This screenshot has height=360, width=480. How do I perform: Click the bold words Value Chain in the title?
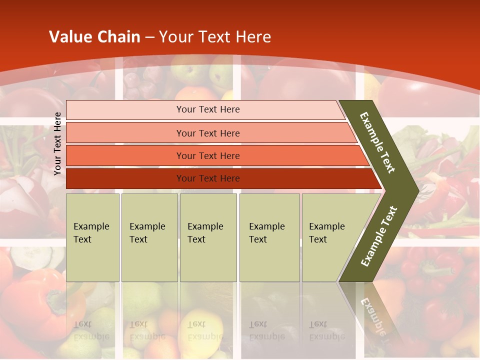coord(94,37)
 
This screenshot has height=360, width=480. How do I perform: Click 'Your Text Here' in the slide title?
coord(215,37)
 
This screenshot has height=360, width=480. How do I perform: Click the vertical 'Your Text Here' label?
coord(57,143)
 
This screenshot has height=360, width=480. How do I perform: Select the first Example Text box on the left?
coord(92,237)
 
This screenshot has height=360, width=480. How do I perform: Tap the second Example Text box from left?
coord(149,237)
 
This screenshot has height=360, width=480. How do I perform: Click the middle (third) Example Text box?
coord(208,237)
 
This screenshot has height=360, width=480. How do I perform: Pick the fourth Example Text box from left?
coord(269,237)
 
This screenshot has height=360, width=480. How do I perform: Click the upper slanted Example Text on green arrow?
coord(377,142)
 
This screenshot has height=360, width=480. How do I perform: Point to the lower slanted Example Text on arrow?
coord(379,236)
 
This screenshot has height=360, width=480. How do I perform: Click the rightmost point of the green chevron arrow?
coord(417,190)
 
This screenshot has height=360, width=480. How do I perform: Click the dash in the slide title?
coord(149,37)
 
